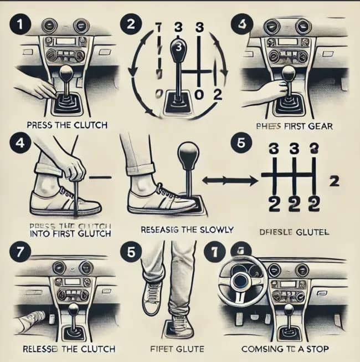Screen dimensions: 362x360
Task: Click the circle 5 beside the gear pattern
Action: (x=240, y=142)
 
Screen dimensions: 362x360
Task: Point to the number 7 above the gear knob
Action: (x=159, y=28)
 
